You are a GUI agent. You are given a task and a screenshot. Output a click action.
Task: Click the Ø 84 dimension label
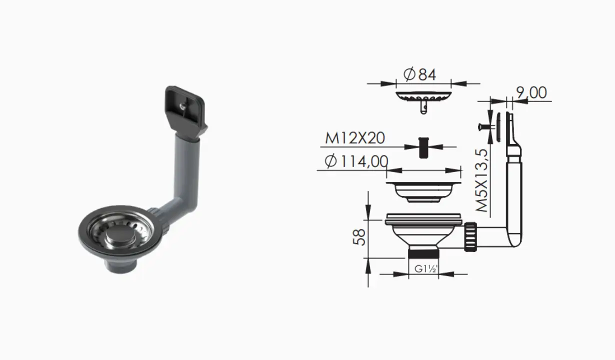coord(419,74)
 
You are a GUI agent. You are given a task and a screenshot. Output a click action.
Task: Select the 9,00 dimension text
coord(531,93)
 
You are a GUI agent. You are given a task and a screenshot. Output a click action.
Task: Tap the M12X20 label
coord(354,138)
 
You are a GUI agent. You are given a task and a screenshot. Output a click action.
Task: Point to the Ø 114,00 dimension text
coord(356,161)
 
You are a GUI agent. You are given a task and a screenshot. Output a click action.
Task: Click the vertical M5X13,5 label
coord(482,180)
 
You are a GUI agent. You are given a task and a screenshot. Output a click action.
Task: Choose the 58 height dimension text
coord(359,237)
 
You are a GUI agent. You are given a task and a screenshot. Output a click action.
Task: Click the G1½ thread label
coord(425,268)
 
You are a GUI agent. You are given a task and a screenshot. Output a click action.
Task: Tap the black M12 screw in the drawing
coord(423,147)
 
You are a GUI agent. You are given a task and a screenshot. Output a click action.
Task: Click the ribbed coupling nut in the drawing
coord(470,237)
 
